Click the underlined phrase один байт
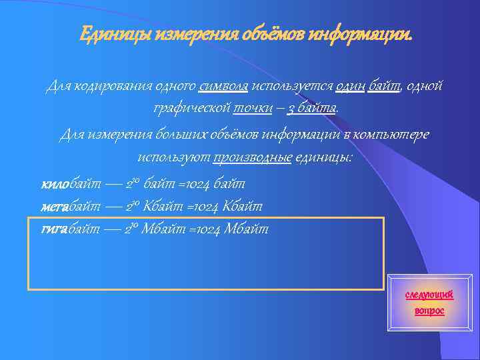click(x=368, y=87)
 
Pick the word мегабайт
click(x=71, y=207)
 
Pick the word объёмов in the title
click(x=266, y=33)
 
